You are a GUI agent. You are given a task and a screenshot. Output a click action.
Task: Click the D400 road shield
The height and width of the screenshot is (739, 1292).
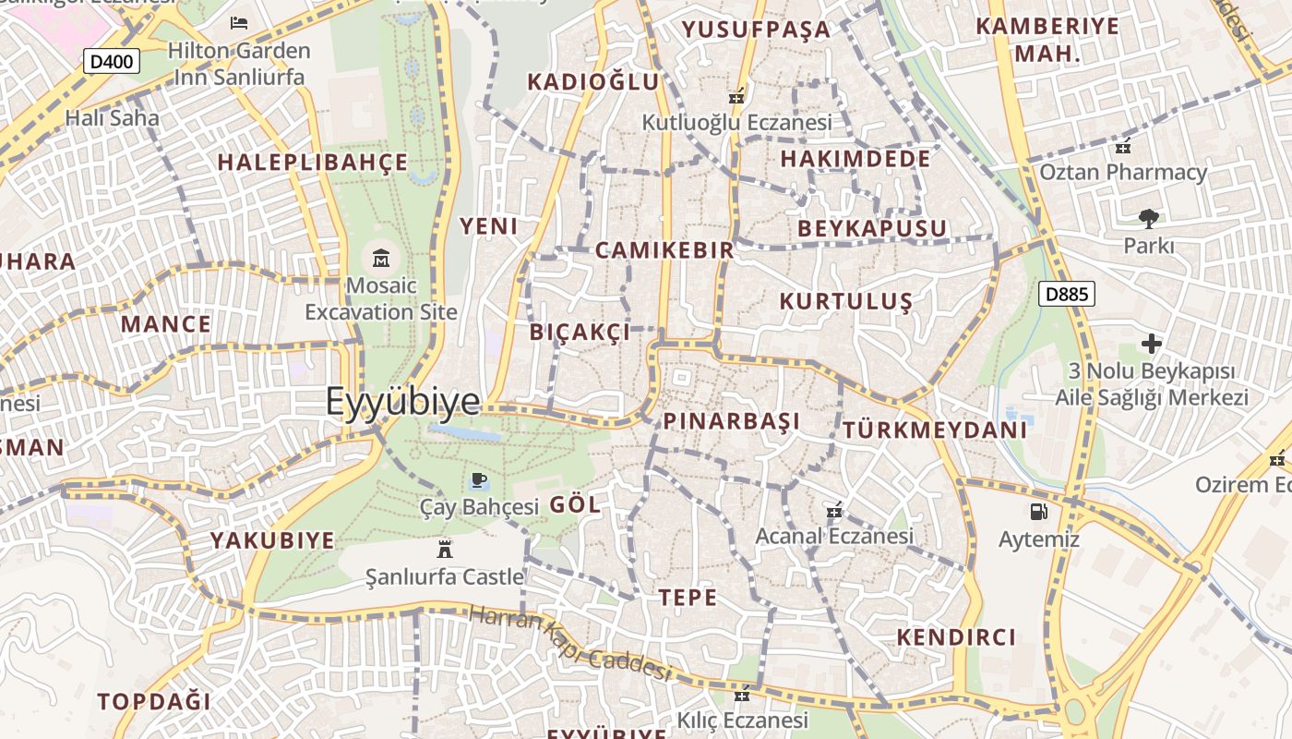[x=112, y=62]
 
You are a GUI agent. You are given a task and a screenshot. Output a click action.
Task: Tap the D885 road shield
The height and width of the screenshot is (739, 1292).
[x=1066, y=295]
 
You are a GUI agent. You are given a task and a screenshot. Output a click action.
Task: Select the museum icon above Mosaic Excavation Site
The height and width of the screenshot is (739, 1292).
[x=381, y=258]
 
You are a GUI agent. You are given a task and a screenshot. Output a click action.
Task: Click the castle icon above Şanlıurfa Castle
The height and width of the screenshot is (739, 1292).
[x=445, y=549]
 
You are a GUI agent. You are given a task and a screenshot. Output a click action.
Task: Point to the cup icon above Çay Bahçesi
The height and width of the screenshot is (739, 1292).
[x=478, y=479]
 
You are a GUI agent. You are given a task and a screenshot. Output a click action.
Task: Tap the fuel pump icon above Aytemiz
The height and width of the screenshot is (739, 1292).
[x=1039, y=511]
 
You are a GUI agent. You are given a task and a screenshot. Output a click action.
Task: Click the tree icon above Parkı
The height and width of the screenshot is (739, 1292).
[x=1149, y=219]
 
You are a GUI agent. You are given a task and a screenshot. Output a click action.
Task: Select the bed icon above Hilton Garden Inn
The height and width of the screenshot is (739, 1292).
[x=239, y=22]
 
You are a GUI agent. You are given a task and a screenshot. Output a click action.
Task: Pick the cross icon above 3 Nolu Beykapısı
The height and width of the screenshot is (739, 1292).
[x=1151, y=344]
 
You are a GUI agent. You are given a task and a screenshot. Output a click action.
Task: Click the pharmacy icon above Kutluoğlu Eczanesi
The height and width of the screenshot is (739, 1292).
[x=736, y=95]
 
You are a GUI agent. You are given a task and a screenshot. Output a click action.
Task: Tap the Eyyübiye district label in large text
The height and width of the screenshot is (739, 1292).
[x=402, y=402]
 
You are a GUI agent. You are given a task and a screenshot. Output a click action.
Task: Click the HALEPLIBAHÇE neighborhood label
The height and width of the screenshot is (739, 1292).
[x=312, y=163]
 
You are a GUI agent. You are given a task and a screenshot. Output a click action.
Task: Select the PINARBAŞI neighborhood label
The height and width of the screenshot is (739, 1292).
[x=731, y=422]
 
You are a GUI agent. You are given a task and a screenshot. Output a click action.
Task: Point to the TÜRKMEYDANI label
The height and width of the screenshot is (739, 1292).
[x=934, y=430]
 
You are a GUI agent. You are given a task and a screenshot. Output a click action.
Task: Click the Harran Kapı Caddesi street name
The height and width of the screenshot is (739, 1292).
[x=569, y=642]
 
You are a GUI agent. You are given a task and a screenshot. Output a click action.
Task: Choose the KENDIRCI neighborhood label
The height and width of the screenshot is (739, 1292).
[x=956, y=637]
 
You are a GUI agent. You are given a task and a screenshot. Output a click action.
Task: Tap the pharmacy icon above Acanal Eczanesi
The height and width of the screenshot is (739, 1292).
[x=834, y=510]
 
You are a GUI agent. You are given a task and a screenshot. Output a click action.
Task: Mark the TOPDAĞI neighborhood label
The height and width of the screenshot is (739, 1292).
[x=154, y=701]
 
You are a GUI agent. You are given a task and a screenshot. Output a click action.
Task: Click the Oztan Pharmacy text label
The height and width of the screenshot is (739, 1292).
[x=1123, y=173]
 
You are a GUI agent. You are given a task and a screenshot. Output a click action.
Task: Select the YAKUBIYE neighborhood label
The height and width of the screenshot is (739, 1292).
[x=272, y=540]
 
